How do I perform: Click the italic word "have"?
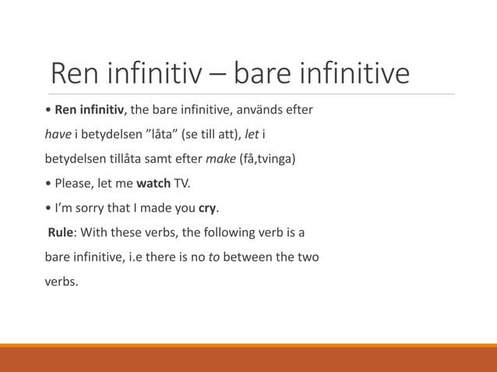click(57, 135)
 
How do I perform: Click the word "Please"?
click(75, 184)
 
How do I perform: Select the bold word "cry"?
click(207, 209)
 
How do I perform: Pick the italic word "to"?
click(213, 257)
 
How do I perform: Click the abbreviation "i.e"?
click(129, 257)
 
